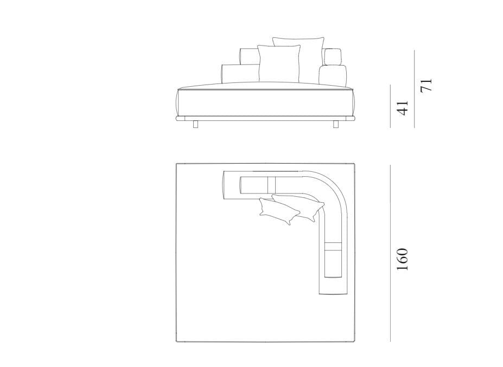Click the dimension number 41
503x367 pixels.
coord(403,106)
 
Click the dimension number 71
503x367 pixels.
coord(426,85)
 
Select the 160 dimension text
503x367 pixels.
coord(402,259)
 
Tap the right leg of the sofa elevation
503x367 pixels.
coord(335,125)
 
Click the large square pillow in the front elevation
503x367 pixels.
coord(279,63)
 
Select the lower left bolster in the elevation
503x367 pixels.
coord(240,74)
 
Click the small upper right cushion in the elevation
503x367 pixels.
coord(332,57)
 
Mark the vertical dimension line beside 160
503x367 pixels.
coord(390,253)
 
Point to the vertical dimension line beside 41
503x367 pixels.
coord(390,106)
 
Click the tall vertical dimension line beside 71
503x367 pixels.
coord(415,89)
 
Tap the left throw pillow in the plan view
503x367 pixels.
coord(278,211)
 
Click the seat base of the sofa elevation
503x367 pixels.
coord(266,103)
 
